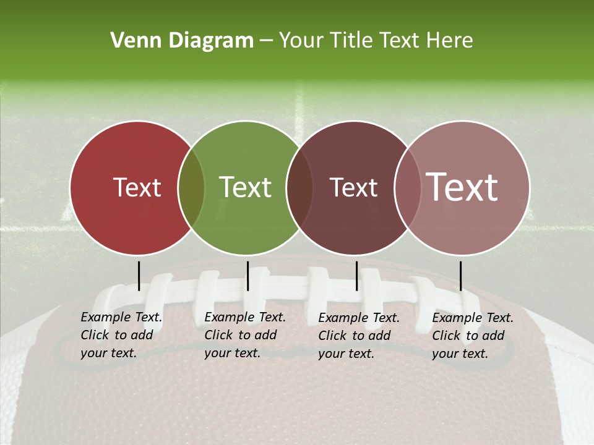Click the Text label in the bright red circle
coord(137,188)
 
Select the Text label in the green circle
coord(246,188)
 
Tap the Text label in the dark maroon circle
coord(354,188)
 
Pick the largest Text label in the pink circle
coord(462,187)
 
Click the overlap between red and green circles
coord(191,188)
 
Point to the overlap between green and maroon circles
coord(299,188)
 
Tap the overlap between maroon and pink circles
coord(407,188)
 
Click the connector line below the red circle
coord(139,276)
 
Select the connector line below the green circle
coord(247,276)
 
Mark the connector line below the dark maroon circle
coord(356,276)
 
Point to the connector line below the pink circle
coord(460,276)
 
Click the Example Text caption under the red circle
coord(121,336)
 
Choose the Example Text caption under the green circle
coord(245,336)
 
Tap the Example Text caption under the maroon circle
coord(359,336)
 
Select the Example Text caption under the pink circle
coord(473,336)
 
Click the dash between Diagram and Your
coord(266,41)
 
